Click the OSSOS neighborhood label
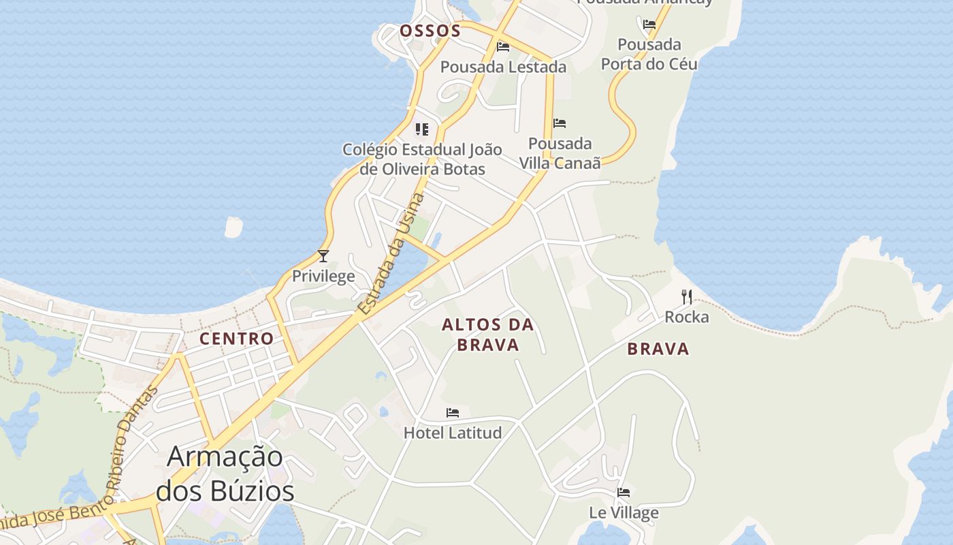click(x=430, y=31)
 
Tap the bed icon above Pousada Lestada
click(x=503, y=47)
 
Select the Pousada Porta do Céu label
click(x=649, y=54)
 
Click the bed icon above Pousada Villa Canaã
click(x=560, y=123)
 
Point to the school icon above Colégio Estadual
click(x=422, y=129)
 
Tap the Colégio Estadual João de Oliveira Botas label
click(x=422, y=159)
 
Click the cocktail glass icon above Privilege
click(x=323, y=256)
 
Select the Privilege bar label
click(x=323, y=276)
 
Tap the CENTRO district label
click(x=236, y=339)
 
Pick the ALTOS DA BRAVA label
click(x=487, y=334)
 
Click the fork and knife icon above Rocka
click(x=686, y=297)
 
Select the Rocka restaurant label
click(x=686, y=317)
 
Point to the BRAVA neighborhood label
click(x=658, y=349)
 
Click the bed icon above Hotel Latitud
click(x=453, y=413)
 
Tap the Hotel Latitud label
click(x=453, y=433)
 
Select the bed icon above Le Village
click(x=624, y=493)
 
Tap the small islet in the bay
click(x=233, y=228)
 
